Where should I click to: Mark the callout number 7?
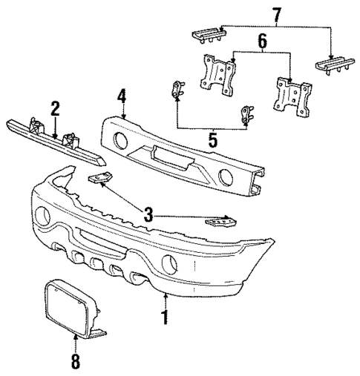[x=277, y=15]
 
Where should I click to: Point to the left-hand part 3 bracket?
[x=98, y=178]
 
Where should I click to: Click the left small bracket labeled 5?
[x=177, y=90]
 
